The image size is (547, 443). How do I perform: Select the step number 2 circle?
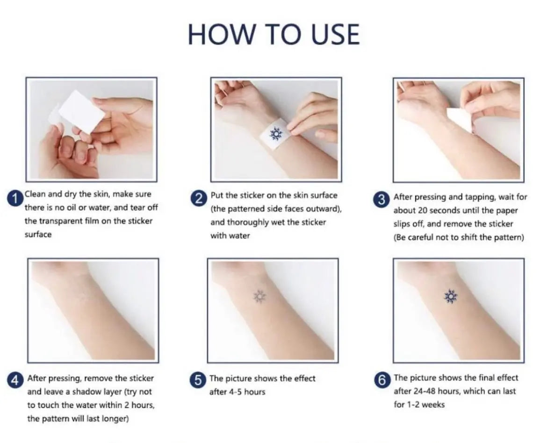pyautogui.click(x=199, y=199)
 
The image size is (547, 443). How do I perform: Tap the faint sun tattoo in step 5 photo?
pyautogui.click(x=259, y=296)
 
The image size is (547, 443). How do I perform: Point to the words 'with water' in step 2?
pyautogui.click(x=230, y=236)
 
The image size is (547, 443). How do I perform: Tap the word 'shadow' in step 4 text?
pyautogui.click(x=93, y=392)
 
